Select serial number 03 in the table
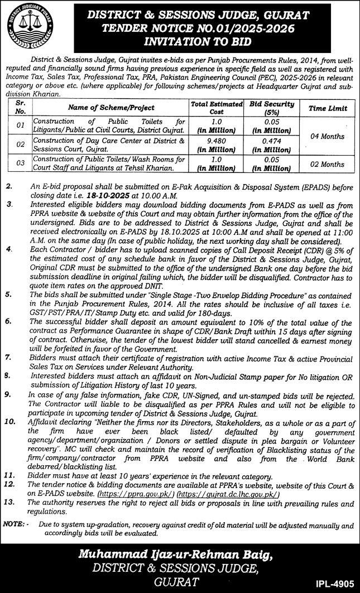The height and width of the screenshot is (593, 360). pyautogui.click(x=19, y=164)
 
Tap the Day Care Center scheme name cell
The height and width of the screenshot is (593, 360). pyautogui.click(x=108, y=145)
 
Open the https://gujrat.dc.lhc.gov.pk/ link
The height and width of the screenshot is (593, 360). pyautogui.click(x=228, y=494)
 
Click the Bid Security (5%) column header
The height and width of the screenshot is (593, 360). pyautogui.click(x=272, y=107)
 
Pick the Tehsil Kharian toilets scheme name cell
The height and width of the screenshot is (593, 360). pyautogui.click(x=108, y=164)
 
